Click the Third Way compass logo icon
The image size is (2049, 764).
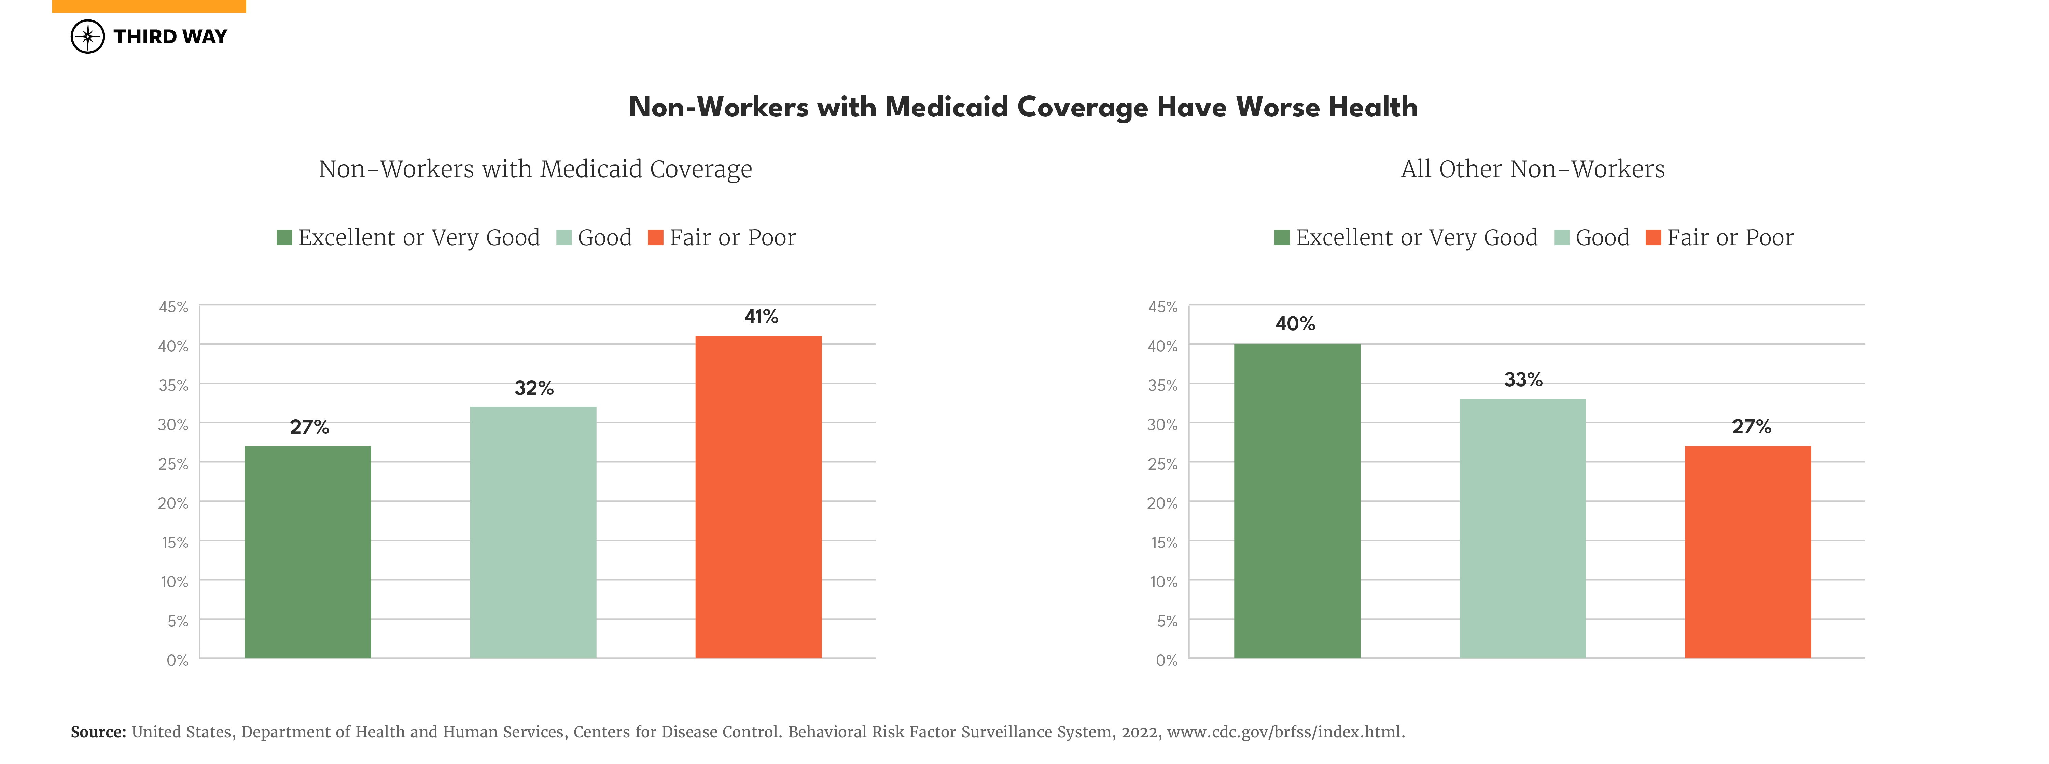point(87,37)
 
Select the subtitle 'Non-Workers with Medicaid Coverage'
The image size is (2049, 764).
point(535,169)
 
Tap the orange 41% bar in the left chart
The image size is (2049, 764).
point(758,497)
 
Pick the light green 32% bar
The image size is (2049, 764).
point(533,532)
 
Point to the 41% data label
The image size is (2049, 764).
point(761,317)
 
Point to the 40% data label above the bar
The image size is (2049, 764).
point(1295,324)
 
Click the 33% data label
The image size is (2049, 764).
point(1522,380)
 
